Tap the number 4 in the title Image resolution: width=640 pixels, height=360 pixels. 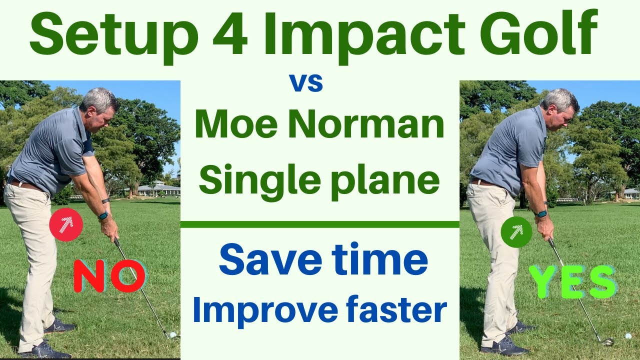tap(229, 34)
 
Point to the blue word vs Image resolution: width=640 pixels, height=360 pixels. tap(307, 82)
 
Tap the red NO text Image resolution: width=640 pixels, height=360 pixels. tap(109, 275)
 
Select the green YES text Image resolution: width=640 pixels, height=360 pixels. tap(571, 281)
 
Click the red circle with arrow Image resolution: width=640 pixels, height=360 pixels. tap(66, 224)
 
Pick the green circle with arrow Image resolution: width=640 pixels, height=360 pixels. tap(516, 231)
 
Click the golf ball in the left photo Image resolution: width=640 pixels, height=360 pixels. tap(173, 334)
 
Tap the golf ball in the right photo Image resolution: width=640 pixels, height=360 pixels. tap(628, 336)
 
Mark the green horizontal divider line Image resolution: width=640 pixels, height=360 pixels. tap(319, 224)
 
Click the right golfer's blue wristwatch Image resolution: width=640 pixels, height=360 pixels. tap(540, 213)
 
